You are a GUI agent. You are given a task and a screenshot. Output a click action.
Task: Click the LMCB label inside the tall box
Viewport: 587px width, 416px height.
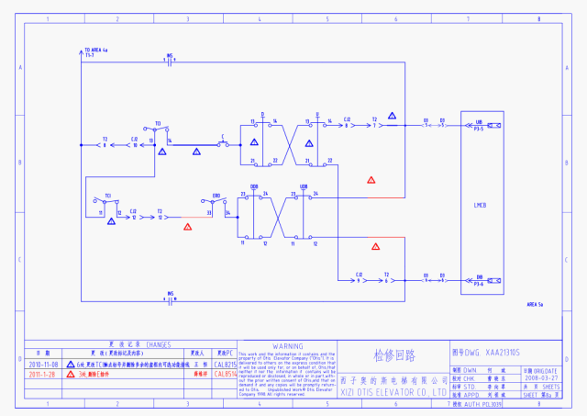tap(478, 204)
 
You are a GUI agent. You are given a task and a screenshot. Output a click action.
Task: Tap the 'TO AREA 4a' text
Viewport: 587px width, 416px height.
tap(96, 50)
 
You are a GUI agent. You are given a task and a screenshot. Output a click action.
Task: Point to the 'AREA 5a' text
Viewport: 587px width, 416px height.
tap(536, 303)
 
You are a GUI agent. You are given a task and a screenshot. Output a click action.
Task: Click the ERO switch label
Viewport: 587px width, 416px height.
tap(216, 196)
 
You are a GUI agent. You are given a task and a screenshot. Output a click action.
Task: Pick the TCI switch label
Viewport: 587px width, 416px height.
tap(107, 196)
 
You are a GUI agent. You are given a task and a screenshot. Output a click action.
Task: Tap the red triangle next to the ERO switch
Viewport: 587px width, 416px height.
tap(188, 226)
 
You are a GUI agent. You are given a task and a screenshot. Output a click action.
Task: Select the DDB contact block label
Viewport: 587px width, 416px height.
tap(254, 187)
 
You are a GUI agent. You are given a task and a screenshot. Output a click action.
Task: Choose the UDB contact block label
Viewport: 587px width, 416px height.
tap(304, 187)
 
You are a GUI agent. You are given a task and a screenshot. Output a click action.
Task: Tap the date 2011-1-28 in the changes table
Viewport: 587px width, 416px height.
tap(42, 375)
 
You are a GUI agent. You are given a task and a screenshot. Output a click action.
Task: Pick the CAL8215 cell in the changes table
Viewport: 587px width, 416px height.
tap(224, 364)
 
